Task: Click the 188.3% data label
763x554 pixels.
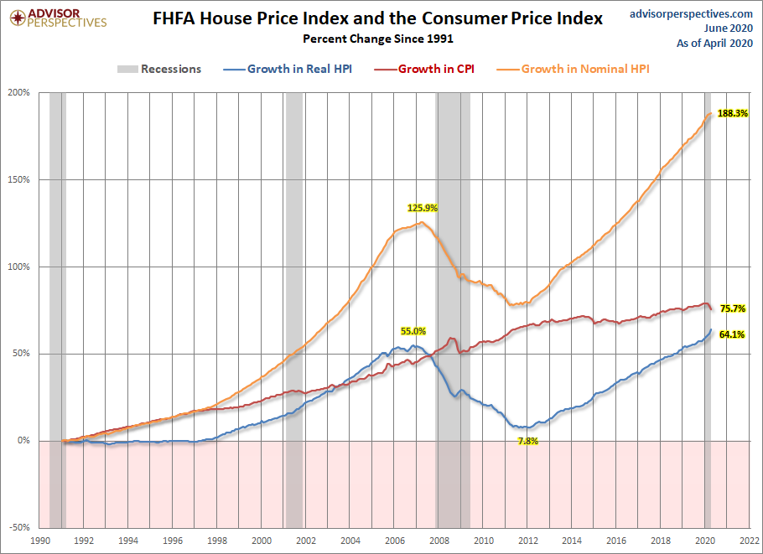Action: pyautogui.click(x=733, y=113)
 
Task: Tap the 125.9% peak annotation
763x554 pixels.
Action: pyautogui.click(x=423, y=208)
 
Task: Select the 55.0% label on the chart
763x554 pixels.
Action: pyautogui.click(x=413, y=331)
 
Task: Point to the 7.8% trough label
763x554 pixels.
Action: pyautogui.click(x=528, y=441)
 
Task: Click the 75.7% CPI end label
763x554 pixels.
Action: pyautogui.click(x=733, y=308)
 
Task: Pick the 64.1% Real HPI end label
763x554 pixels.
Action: pyautogui.click(x=732, y=334)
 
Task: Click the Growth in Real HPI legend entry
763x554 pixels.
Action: pyautogui.click(x=288, y=69)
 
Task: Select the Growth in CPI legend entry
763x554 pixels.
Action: pyautogui.click(x=424, y=69)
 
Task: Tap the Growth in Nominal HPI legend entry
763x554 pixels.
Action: pyautogui.click(x=574, y=69)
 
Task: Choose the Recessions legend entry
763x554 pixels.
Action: pyautogui.click(x=159, y=69)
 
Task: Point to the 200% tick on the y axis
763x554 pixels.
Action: pyautogui.click(x=19, y=92)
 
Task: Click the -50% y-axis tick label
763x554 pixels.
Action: pyautogui.click(x=19, y=527)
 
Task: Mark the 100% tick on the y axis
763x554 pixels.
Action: pyautogui.click(x=19, y=267)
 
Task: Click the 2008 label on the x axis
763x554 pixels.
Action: pyautogui.click(x=439, y=541)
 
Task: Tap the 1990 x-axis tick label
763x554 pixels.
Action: pyautogui.click(x=39, y=541)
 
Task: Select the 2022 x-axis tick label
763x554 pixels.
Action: pyautogui.click(x=750, y=541)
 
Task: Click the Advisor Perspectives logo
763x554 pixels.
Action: pyautogui.click(x=59, y=18)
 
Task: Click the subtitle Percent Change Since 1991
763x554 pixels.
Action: pyautogui.click(x=378, y=39)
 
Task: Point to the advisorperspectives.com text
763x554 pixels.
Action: pyautogui.click(x=691, y=14)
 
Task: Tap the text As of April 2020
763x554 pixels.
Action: pyautogui.click(x=715, y=44)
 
